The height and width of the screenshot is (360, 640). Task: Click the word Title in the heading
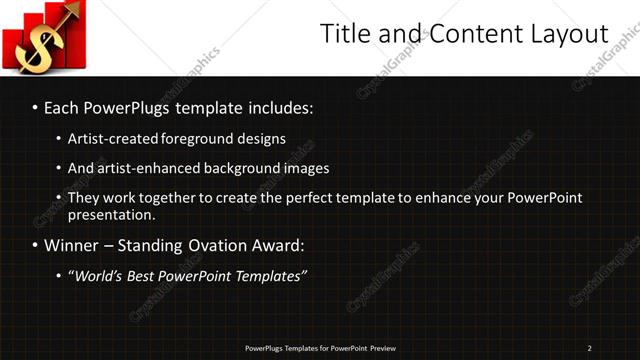point(345,34)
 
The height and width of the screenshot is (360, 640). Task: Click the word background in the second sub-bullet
point(247,168)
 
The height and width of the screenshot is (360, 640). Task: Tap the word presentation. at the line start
point(111,215)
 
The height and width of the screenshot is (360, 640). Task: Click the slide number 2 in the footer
point(589,348)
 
